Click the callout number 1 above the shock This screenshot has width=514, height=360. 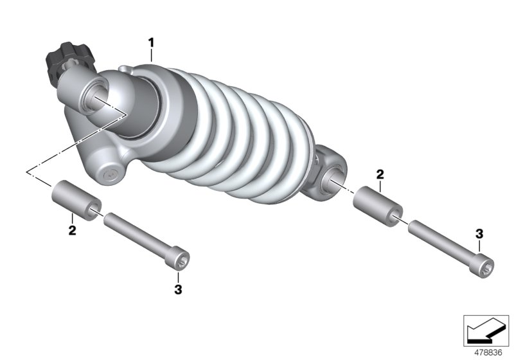coord(152,42)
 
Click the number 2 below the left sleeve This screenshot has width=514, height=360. coord(72,229)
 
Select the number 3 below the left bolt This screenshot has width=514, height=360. coord(178,289)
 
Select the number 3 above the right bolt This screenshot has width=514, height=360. coord(479,232)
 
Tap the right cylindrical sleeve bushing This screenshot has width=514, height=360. coord(378,204)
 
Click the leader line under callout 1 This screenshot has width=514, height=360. coord(152,54)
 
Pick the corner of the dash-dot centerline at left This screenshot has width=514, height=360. coord(27,172)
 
